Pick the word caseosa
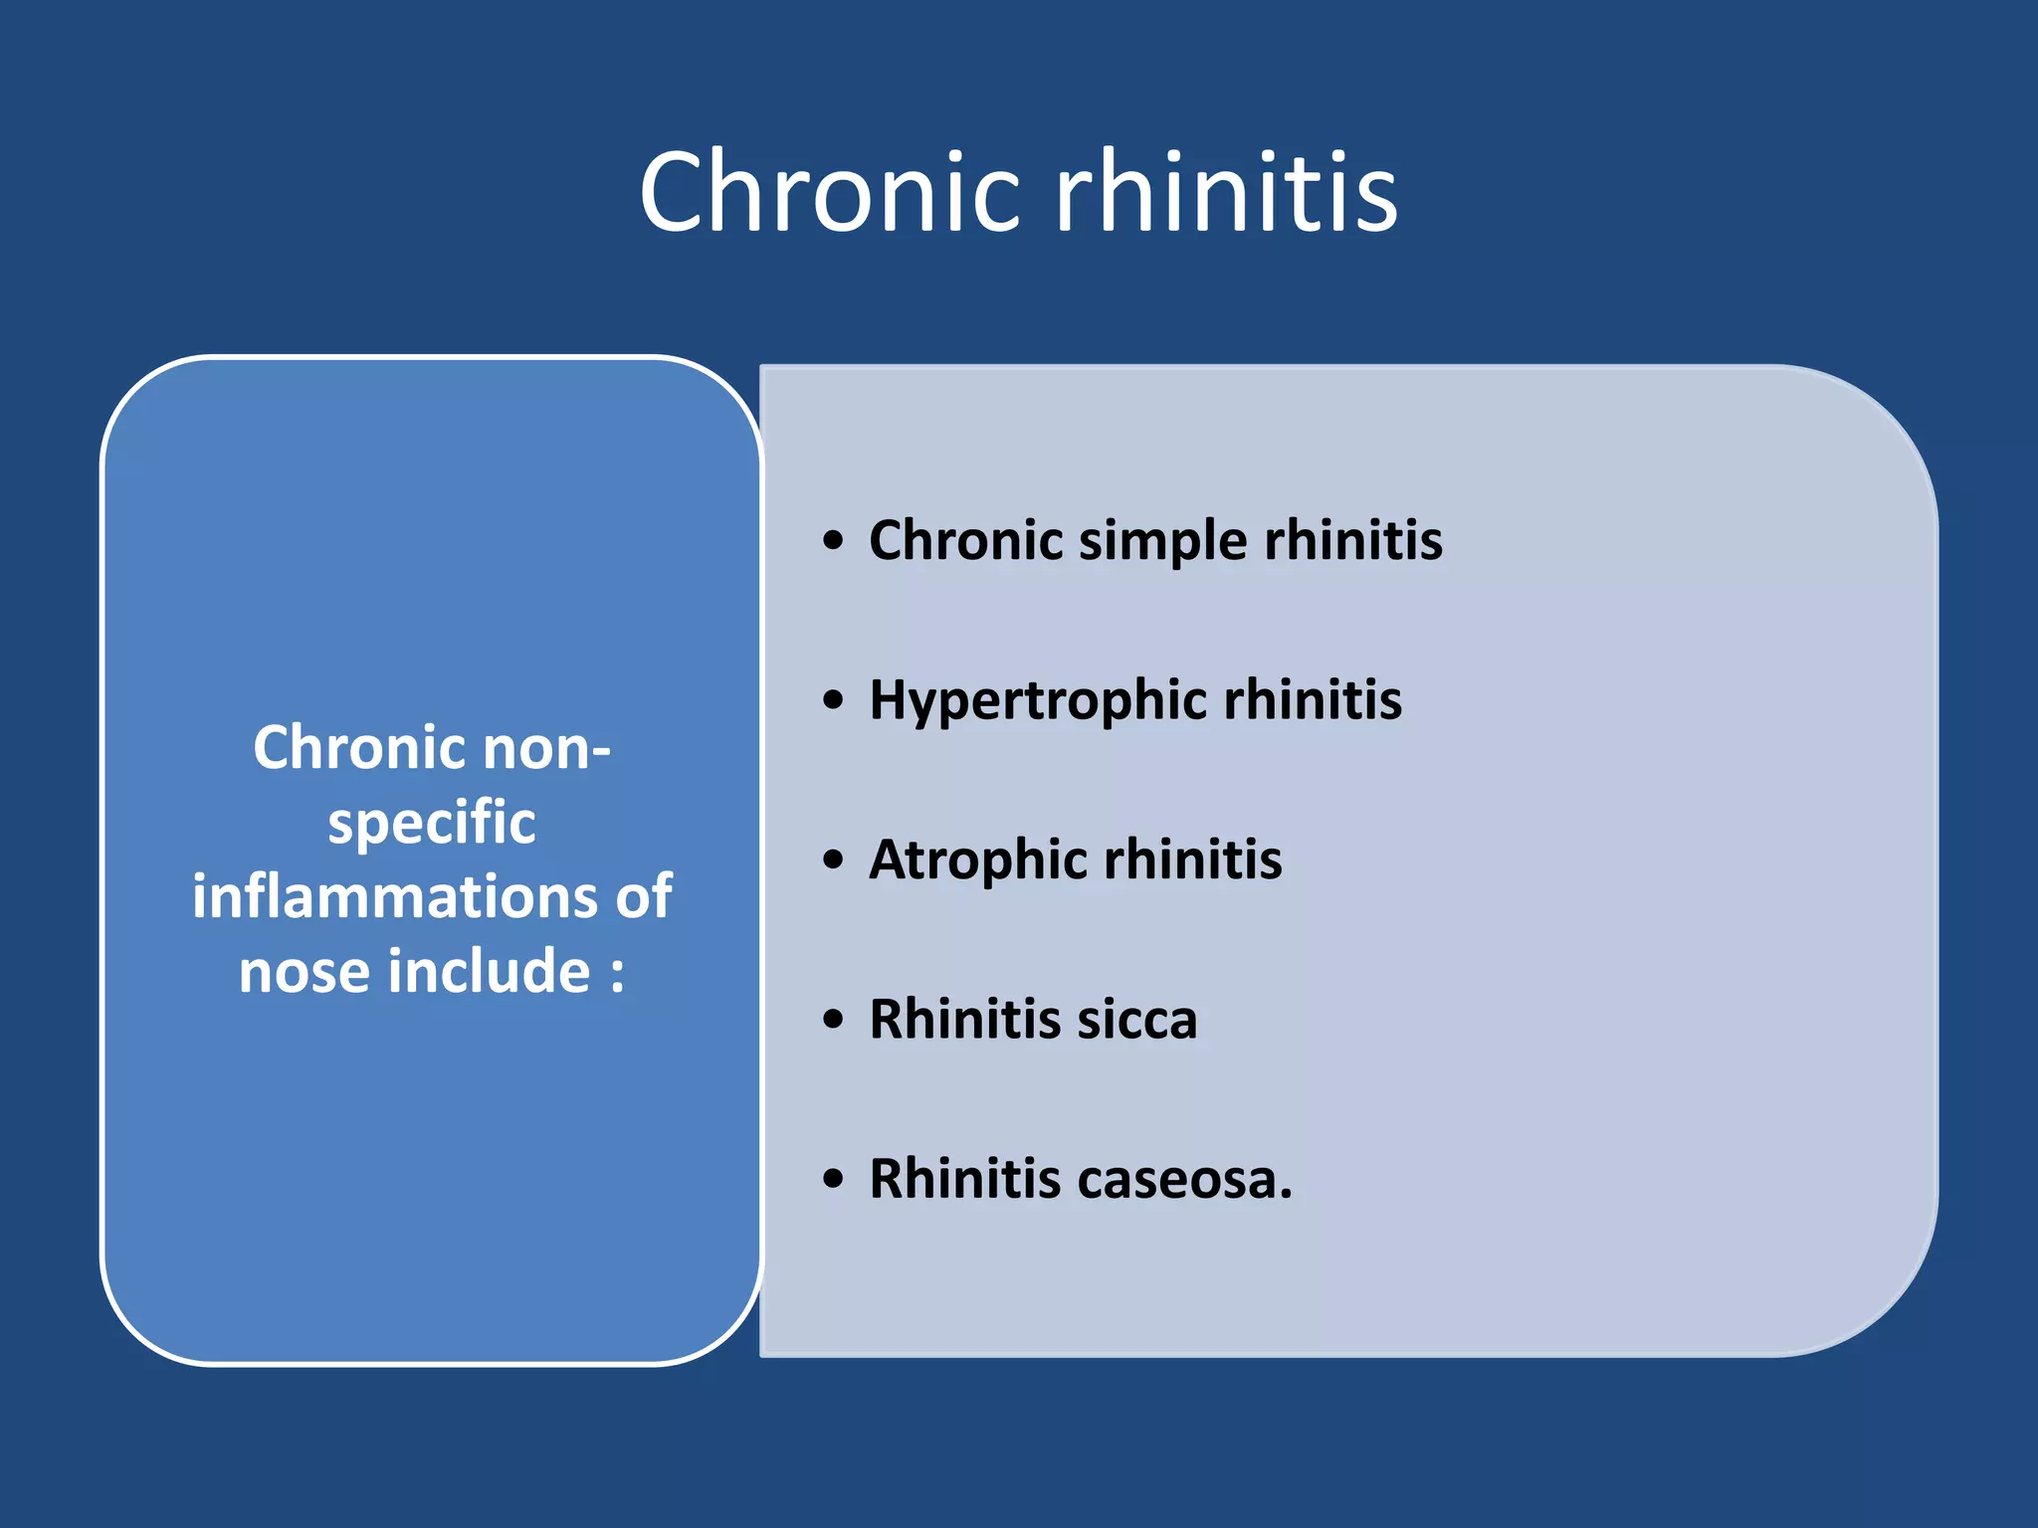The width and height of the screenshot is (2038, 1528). click(1184, 1180)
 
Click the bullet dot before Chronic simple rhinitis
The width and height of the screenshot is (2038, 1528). click(834, 541)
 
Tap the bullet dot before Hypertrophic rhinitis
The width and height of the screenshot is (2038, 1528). click(834, 700)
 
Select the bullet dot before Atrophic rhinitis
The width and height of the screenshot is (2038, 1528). click(834, 859)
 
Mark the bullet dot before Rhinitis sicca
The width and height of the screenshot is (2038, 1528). click(834, 1020)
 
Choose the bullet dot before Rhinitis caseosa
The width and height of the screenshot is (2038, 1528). click(834, 1180)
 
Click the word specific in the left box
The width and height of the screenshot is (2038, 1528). click(432, 824)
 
